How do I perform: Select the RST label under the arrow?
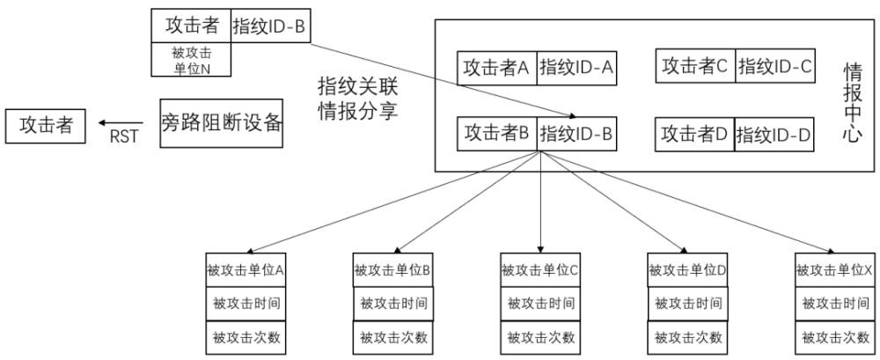click(x=123, y=136)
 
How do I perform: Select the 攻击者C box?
click(x=695, y=64)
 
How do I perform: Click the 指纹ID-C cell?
click(x=774, y=64)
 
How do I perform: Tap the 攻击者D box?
click(x=695, y=135)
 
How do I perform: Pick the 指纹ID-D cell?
click(x=774, y=135)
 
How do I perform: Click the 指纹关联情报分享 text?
click(x=356, y=99)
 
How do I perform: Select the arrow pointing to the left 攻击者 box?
click(x=121, y=122)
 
